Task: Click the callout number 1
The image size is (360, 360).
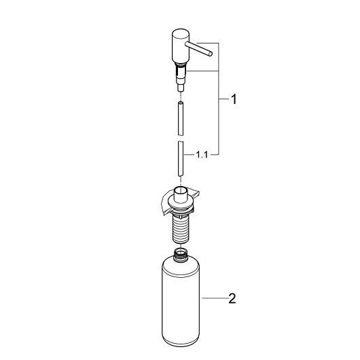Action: [234, 99]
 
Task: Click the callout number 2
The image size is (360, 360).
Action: [232, 298]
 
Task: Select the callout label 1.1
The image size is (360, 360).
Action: [202, 155]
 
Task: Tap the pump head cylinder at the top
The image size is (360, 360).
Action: [180, 46]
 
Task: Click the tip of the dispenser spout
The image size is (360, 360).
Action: [211, 54]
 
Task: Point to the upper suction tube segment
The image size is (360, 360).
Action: [181, 118]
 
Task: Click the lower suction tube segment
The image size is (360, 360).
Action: [181, 159]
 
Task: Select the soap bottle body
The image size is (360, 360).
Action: [181, 301]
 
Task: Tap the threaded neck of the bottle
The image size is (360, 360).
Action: [181, 255]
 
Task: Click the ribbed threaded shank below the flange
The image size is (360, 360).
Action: [181, 230]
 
